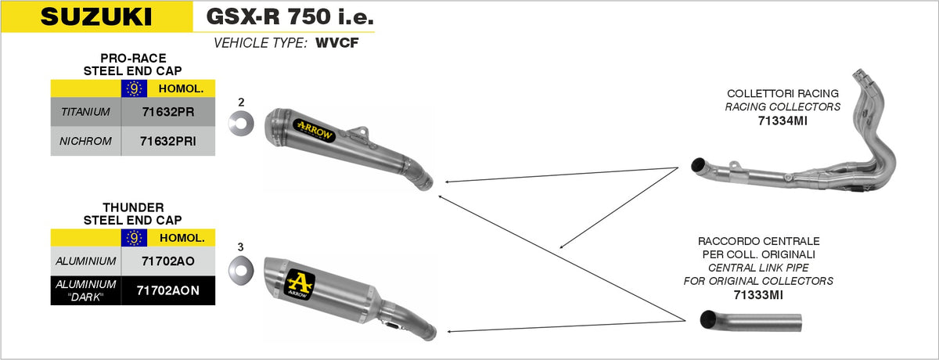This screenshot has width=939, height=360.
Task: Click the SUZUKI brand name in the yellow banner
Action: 96,16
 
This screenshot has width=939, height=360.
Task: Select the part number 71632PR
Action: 168,112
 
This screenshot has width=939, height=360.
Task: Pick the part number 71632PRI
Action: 168,141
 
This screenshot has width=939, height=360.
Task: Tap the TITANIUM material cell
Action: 85,112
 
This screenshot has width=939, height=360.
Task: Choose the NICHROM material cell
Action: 85,141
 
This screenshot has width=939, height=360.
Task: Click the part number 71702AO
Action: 168,261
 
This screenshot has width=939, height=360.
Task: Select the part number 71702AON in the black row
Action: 168,290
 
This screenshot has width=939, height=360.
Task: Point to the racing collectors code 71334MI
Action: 782,121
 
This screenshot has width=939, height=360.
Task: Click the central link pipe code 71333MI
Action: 758,295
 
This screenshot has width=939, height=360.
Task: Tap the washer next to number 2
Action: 241,123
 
